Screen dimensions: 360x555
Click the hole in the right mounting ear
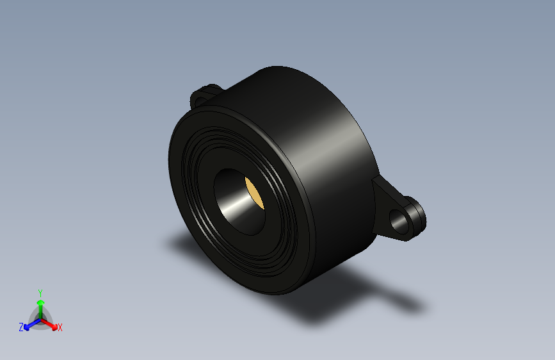click(403, 221)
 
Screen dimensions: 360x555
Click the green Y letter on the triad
click(40, 292)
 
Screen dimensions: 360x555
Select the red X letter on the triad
click(60, 328)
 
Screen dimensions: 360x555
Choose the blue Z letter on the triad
click(21, 327)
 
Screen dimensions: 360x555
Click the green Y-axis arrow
click(40, 304)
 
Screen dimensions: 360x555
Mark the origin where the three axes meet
click(40, 318)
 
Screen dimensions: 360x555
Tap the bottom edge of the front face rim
click(269, 291)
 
